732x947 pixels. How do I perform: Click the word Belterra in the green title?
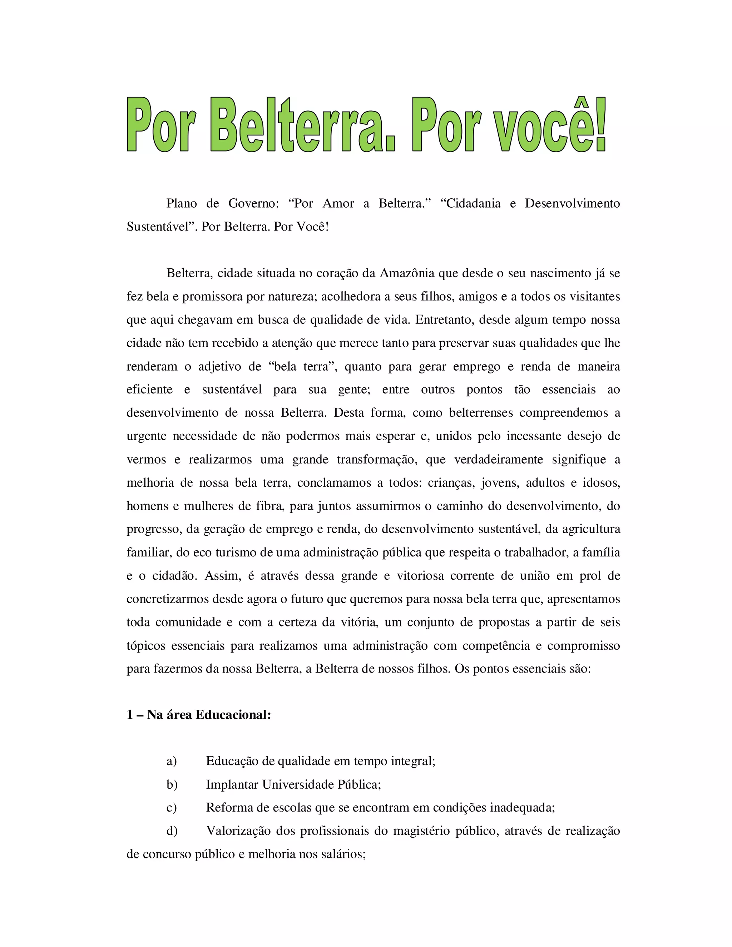[x=302, y=125]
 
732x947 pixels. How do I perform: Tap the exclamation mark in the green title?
[x=600, y=125]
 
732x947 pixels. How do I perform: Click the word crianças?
[x=450, y=482]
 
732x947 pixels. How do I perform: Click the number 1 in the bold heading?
[x=130, y=715]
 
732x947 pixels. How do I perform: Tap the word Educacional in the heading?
[x=233, y=715]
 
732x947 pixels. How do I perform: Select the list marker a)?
[x=172, y=761]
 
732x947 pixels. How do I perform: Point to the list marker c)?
[x=172, y=807]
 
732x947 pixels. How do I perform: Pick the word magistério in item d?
[x=421, y=831]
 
